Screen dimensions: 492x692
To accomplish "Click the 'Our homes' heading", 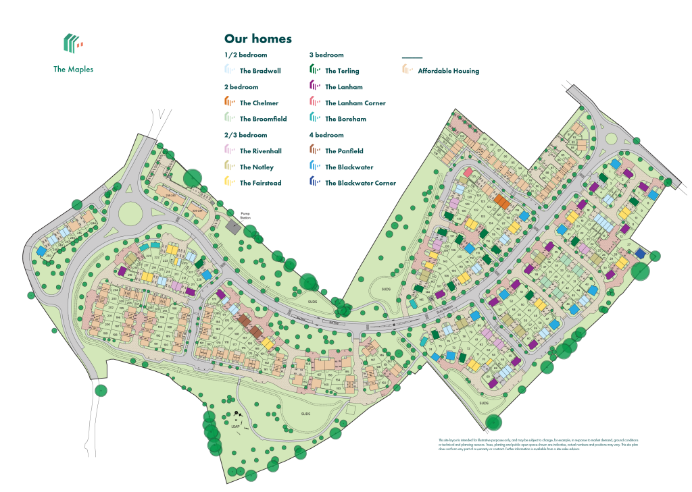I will (258, 39).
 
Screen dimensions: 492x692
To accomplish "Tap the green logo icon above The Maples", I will (73, 43).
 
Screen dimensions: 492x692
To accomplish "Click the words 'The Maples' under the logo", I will (73, 69).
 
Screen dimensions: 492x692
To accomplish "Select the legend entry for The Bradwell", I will (260, 71).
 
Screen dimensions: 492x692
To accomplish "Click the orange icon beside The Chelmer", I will (229, 103).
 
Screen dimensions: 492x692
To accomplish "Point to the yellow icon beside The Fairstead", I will (229, 182).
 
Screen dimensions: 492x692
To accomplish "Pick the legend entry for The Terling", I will (342, 71).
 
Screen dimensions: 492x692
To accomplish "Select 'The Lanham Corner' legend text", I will (355, 103).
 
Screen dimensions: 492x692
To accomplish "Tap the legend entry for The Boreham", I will (345, 119).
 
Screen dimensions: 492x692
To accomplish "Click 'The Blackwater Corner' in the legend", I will (360, 183).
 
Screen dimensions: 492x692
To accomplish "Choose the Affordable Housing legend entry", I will (448, 71).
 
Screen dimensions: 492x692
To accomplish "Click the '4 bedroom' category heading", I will (326, 135).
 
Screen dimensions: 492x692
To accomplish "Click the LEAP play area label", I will (236, 426).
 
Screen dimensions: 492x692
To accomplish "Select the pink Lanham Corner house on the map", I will (468, 173).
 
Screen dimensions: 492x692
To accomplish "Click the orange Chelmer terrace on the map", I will (501, 202).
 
